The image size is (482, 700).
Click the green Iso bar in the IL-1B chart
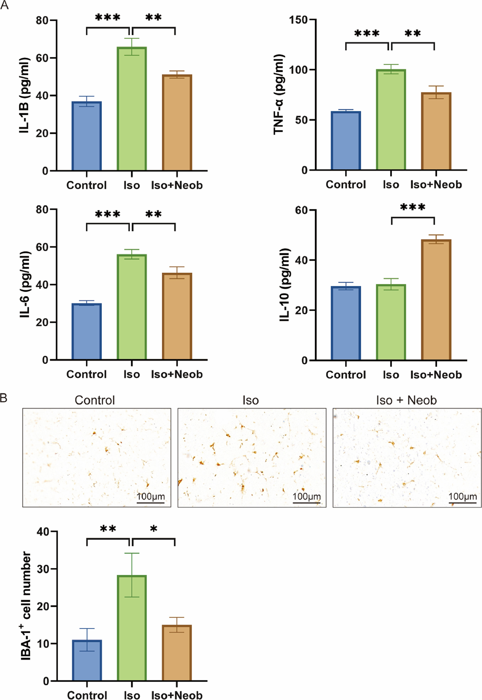[x=132, y=109]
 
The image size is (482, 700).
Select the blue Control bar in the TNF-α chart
[x=346, y=140]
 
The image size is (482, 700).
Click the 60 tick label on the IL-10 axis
[x=301, y=210]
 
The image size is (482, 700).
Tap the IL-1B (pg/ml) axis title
[x=24, y=95]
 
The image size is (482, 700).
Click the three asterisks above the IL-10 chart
[x=413, y=207]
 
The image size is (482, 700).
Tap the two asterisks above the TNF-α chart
[x=413, y=33]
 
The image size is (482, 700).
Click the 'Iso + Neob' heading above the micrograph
[x=406, y=401]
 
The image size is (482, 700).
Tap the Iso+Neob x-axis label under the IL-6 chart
[x=177, y=374]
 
